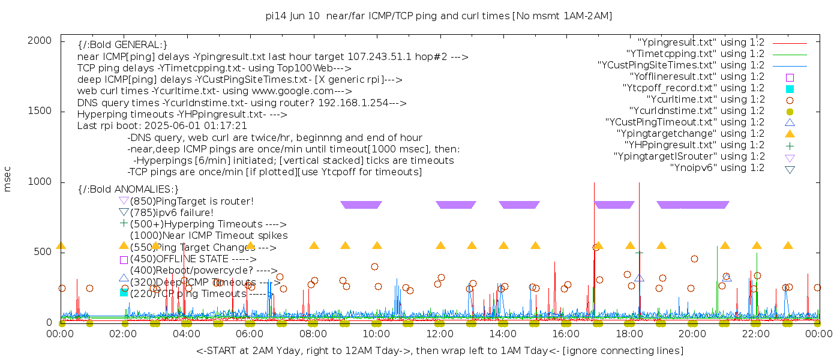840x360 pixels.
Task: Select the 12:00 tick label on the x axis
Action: [440, 333]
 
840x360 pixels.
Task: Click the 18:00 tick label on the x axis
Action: [629, 333]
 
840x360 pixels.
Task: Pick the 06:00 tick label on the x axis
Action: [250, 333]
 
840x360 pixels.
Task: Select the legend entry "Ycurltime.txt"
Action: [705, 99]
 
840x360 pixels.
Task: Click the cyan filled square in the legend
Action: [790, 88]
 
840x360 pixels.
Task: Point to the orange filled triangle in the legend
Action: [790, 133]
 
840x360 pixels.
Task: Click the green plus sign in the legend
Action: [790, 145]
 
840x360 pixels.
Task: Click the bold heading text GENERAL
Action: [136, 45]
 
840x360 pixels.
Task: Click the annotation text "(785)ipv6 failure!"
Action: [172, 212]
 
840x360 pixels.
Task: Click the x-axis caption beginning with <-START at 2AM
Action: [439, 350]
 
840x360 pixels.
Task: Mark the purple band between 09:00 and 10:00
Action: [361, 205]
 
